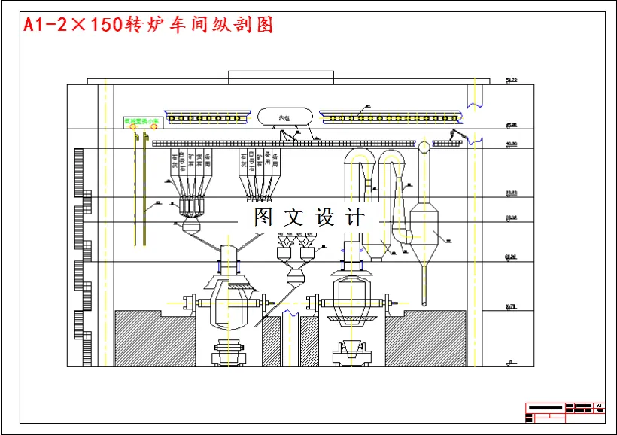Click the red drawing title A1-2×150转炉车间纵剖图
tap(147, 25)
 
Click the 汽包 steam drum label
tap(285, 117)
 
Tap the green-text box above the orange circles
tap(142, 120)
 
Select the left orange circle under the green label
tap(133, 127)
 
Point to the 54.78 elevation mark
tap(512, 79)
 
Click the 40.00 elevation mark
tap(512, 144)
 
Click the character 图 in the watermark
tap(263, 217)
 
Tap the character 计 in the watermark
tap(354, 217)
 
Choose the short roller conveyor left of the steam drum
tap(206, 118)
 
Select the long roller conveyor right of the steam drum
tap(391, 117)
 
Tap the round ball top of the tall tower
tap(424, 146)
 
